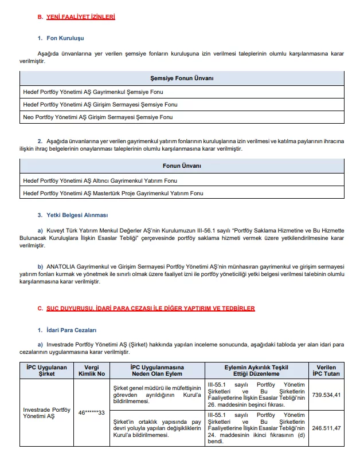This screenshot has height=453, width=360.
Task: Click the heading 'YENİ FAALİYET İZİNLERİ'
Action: tap(80, 17)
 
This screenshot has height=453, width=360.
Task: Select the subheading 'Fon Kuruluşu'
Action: tap(65, 38)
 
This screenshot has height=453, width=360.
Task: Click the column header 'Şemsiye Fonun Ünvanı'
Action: tap(182, 78)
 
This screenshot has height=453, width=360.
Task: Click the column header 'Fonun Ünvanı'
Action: tap(182, 166)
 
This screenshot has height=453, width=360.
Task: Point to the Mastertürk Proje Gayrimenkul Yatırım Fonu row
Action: tap(113, 194)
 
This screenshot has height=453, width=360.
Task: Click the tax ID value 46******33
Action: tap(91, 412)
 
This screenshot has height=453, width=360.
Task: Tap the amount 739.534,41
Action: tap(327, 395)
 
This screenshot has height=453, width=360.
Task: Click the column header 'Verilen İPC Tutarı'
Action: tap(327, 371)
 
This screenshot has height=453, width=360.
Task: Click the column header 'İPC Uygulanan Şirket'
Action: tap(48, 371)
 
